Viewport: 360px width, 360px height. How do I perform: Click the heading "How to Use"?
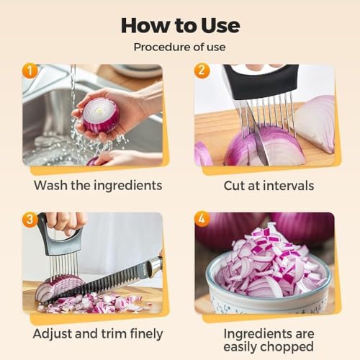click(x=180, y=25)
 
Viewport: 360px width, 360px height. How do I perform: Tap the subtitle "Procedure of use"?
click(x=179, y=47)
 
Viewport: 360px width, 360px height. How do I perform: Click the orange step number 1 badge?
click(x=30, y=71)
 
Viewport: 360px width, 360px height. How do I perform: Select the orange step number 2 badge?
click(x=202, y=71)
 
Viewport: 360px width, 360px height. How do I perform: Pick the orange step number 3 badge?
click(x=30, y=220)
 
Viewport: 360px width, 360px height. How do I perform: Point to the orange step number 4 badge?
click(x=202, y=220)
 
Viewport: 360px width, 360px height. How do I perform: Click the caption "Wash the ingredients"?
click(x=98, y=186)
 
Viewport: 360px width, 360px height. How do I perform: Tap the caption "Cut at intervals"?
click(x=269, y=186)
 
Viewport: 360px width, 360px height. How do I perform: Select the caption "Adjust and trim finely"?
click(x=98, y=334)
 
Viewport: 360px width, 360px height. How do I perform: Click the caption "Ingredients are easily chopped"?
click(x=269, y=341)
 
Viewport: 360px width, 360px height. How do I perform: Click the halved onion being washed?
click(x=101, y=115)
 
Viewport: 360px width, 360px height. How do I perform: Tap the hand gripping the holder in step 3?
click(x=66, y=223)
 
